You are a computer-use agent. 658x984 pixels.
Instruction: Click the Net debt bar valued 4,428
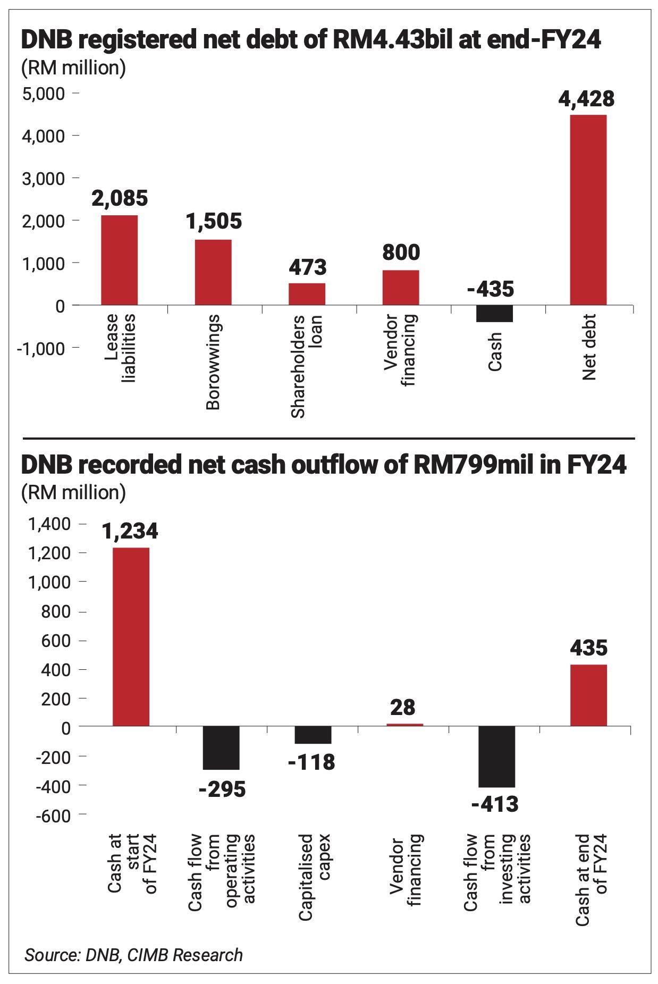pos(588,209)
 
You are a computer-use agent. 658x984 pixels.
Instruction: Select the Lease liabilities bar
pos(119,260)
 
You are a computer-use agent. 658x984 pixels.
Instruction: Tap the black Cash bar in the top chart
pos(494,314)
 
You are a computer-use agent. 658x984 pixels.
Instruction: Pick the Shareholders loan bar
pos(307,294)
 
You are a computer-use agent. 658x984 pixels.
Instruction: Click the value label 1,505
pos(214,221)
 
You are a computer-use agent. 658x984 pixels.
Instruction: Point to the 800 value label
pos(401,252)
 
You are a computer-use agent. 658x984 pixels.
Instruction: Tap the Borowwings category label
pos(213,362)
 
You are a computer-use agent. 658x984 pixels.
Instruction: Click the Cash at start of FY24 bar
pos(131,636)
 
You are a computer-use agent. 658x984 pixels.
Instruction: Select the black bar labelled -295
pos(221,747)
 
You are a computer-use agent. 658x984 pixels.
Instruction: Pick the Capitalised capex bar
pos(313,735)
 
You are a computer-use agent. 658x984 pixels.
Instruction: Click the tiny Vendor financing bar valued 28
pos(404,725)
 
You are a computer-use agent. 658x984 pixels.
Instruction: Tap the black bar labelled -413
pos(496,756)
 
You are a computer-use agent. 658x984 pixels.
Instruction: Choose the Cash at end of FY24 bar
pos(588,695)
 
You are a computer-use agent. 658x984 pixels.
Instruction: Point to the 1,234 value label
pos(130,531)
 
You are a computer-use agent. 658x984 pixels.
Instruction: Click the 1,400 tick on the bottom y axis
pos(49,524)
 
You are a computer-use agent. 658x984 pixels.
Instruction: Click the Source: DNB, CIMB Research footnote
pos(133,955)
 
